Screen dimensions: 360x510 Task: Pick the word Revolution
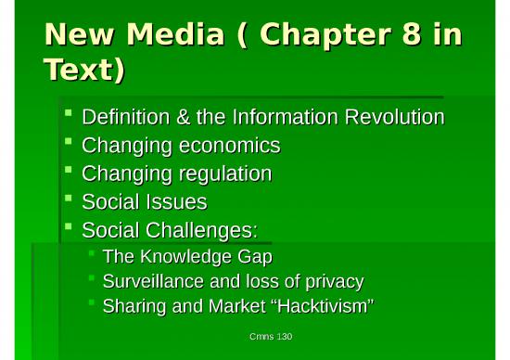coord(389,118)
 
